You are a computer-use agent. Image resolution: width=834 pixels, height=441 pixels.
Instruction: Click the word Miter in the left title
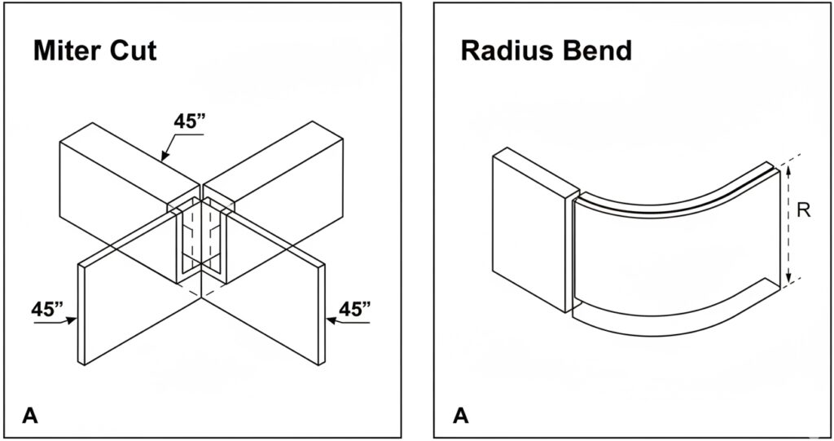[x=67, y=51]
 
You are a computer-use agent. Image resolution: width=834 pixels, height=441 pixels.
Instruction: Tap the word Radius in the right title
[x=499, y=51]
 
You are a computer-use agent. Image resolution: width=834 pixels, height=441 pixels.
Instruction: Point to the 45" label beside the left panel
[x=47, y=310]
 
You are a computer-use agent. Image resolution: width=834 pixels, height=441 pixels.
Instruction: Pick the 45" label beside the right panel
[x=355, y=309]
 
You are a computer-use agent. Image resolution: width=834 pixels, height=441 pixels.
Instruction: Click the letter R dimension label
[x=803, y=211]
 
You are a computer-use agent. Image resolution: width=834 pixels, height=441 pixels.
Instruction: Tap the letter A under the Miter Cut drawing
[x=30, y=416]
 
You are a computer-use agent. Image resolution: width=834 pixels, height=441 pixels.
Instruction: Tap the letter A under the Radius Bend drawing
[x=461, y=416]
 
